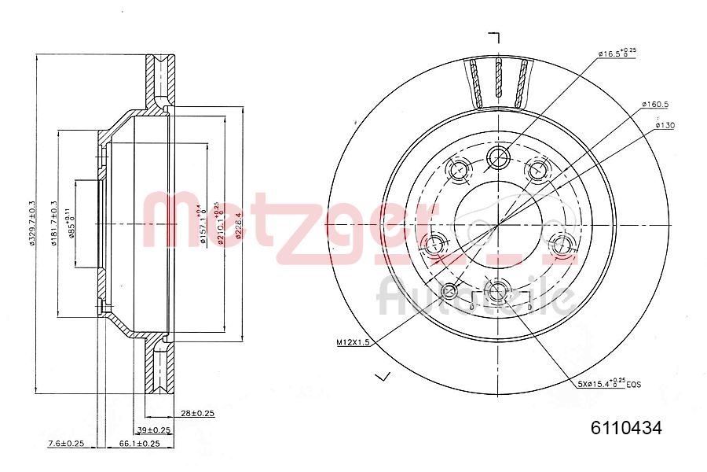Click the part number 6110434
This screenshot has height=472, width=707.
pyautogui.click(x=626, y=429)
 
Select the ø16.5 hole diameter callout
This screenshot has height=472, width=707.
pyautogui.click(x=617, y=53)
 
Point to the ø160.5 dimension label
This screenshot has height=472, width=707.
pyautogui.click(x=654, y=104)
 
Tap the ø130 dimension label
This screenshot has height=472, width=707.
pyautogui.click(x=664, y=125)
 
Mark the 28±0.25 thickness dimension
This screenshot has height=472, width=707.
pyautogui.click(x=198, y=412)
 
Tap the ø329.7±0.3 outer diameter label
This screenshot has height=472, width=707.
pyautogui.click(x=32, y=223)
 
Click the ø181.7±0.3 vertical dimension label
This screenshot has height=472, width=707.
pyautogui.click(x=54, y=223)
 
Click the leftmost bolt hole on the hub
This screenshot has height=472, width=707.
pyautogui.click(x=433, y=245)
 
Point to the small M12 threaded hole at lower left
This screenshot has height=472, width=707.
pyautogui.click(x=450, y=293)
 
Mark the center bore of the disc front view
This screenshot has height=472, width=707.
pyautogui.click(x=498, y=223)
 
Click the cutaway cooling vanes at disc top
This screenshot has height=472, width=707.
pyautogui.click(x=499, y=83)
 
